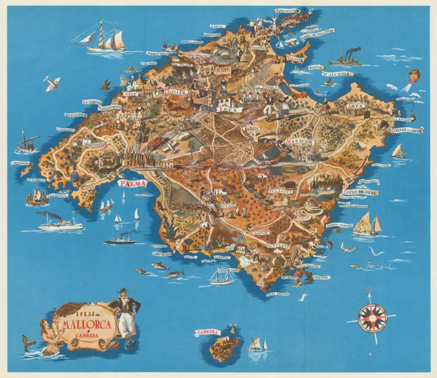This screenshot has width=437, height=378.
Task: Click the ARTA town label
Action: coord(355,105)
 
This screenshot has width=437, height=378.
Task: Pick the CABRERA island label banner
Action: coord(208,332)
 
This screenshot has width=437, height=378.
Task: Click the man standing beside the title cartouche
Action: coord(127,312)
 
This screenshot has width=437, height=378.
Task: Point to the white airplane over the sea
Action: coord(52,83)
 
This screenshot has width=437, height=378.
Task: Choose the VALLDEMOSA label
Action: coord(111,107)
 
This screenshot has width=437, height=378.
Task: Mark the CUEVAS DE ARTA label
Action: coord(407,131)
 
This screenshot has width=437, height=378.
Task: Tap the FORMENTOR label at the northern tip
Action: coord(287,11)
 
